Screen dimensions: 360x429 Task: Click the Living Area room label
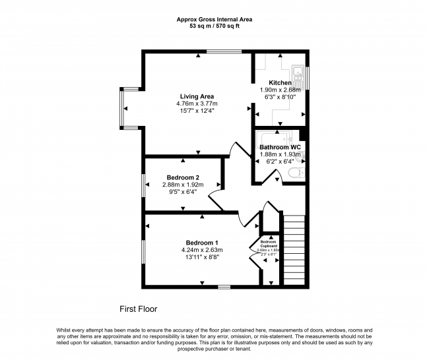tap(197, 96)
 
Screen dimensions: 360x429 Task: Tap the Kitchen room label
tap(279, 82)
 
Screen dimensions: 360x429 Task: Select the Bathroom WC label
tap(279, 147)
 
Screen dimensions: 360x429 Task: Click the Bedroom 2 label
tap(183, 177)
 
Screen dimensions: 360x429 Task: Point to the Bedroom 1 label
tap(202, 241)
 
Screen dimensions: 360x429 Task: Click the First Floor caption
tap(138, 308)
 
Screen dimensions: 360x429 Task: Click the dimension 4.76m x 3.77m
tap(197, 104)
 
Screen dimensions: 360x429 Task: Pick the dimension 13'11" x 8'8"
tap(202, 257)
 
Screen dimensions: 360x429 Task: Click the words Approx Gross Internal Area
tap(214, 20)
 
